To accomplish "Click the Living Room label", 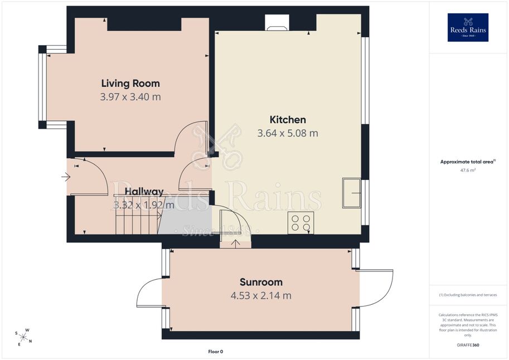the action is pyautogui.click(x=130, y=84).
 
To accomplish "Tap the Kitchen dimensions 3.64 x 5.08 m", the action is pyautogui.click(x=288, y=133).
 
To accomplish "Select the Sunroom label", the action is pyautogui.click(x=261, y=282).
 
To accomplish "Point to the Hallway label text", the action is pyautogui.click(x=144, y=192).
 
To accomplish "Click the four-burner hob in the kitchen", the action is pyautogui.click(x=300, y=223).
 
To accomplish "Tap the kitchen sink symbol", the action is pyautogui.click(x=352, y=193).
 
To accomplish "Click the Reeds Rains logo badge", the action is pyautogui.click(x=468, y=28).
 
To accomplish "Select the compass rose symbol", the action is pyautogui.click(x=23, y=337).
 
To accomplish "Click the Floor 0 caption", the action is pyautogui.click(x=216, y=352).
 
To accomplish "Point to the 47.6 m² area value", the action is pyautogui.click(x=467, y=170).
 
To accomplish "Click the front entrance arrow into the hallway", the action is pyautogui.click(x=66, y=177).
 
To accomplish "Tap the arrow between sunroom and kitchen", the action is pyautogui.click(x=235, y=244).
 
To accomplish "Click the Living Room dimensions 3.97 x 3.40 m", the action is pyautogui.click(x=130, y=97).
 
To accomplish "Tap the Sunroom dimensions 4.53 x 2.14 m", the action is pyautogui.click(x=261, y=296).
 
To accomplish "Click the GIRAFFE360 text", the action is pyautogui.click(x=468, y=345).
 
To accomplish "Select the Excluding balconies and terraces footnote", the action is pyautogui.click(x=468, y=295).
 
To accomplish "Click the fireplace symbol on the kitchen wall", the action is pyautogui.click(x=277, y=23).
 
